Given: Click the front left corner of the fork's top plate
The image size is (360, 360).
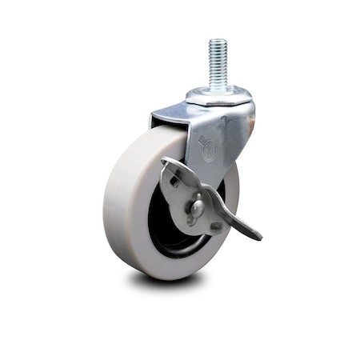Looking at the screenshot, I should click(152, 121).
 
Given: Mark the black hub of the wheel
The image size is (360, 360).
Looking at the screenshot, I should click(164, 236).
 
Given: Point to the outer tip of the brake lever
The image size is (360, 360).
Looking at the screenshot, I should click(258, 237).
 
